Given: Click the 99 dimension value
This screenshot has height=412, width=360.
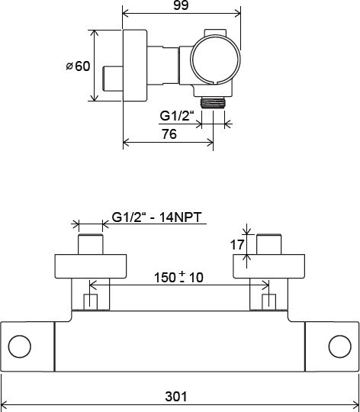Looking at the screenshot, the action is click(x=181, y=5).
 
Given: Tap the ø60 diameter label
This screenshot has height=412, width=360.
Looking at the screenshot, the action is click(x=78, y=66).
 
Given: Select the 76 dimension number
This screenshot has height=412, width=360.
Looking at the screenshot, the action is click(x=169, y=134).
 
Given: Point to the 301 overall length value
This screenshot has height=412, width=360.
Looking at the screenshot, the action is click(x=176, y=397).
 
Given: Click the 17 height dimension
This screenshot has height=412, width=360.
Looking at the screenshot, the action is click(x=237, y=245).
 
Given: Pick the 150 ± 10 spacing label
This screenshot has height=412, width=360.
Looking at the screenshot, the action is click(x=178, y=277).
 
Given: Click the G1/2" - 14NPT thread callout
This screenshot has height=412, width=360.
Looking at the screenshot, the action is click(x=157, y=217).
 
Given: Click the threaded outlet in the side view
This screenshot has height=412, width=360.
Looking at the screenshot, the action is click(x=213, y=102).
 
